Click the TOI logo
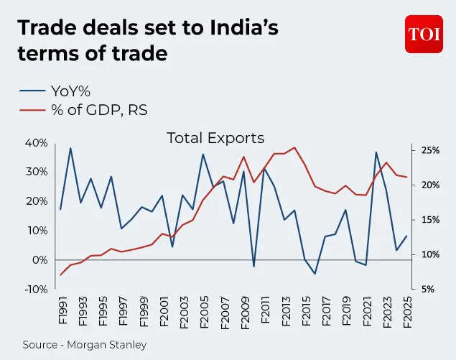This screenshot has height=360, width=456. (424, 34)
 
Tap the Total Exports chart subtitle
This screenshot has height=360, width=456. (215, 138)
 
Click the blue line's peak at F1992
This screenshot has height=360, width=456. (70, 148)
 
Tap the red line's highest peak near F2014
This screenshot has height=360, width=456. (294, 147)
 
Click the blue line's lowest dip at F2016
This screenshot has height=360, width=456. (315, 274)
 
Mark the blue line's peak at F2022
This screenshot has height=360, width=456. (376, 152)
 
